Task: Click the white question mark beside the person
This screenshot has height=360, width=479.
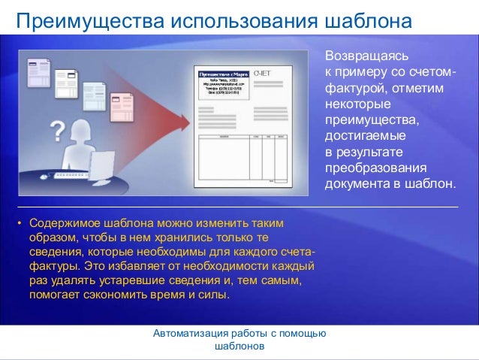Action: [x=56, y=133]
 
